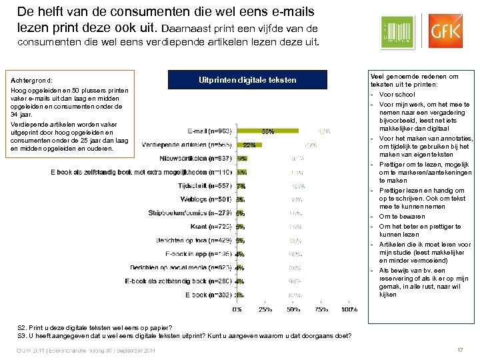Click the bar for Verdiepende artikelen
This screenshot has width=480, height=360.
tap(249, 144)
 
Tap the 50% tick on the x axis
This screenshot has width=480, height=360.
tap(294, 309)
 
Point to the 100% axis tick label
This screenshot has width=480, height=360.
tap(349, 309)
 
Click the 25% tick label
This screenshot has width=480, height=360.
tap(265, 309)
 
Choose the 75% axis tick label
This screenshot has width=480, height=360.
tap(321, 309)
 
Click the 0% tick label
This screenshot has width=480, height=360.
tap(237, 309)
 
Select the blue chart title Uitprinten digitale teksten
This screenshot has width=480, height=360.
tap(247, 81)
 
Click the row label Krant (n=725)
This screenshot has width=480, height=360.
tap(209, 227)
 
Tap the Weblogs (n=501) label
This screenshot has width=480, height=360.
tap(205, 199)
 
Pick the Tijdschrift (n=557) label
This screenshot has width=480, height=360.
tap(205, 185)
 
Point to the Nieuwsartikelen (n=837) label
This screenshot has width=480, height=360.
tap(195, 159)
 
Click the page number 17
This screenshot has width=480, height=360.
tap(458, 351)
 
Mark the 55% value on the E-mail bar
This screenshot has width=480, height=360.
tap(267, 131)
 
